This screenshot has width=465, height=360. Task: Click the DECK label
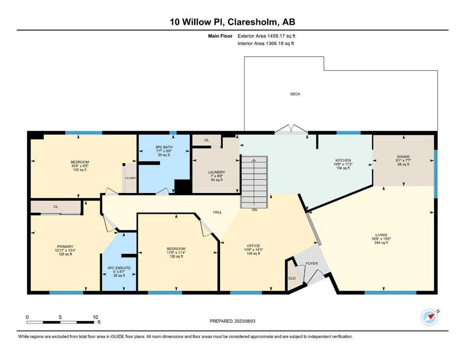(295, 94)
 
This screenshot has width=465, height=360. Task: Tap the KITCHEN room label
(343, 160)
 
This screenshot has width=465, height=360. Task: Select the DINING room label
(403, 157)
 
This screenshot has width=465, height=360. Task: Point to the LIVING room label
(381, 235)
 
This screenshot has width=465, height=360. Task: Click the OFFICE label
(253, 246)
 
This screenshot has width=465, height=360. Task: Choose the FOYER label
(312, 263)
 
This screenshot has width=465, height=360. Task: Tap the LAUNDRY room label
(216, 172)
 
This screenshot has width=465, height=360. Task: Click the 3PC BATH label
(164, 147)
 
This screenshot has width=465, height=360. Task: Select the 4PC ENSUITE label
(119, 268)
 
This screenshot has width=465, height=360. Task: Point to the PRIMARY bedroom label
(65, 247)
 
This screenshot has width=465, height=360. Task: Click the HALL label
(217, 212)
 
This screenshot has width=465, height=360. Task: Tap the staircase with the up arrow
(254, 182)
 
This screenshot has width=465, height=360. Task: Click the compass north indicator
(429, 317)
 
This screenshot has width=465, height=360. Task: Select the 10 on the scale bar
(95, 317)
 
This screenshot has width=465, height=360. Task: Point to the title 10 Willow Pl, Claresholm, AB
(232, 22)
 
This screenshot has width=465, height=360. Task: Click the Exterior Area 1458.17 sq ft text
(266, 36)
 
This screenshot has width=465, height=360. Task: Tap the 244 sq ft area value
(381, 242)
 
